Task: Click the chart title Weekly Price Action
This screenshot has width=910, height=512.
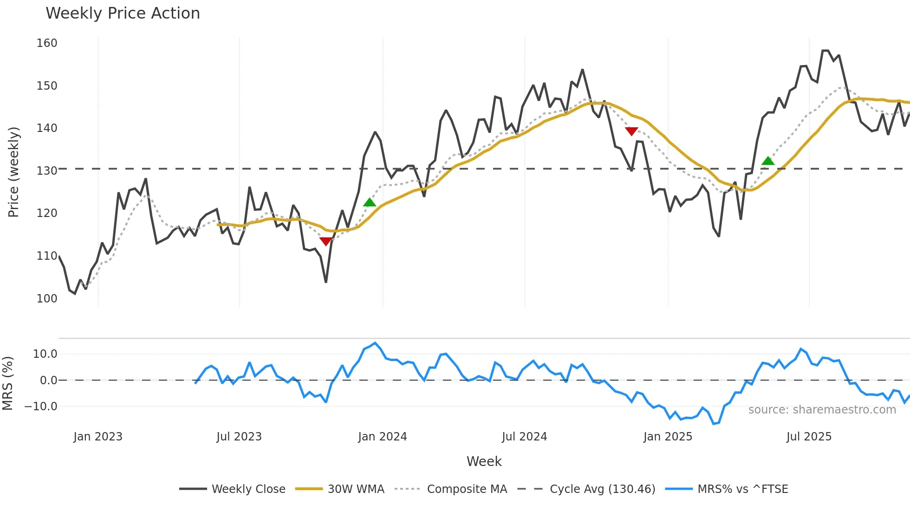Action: click(x=123, y=13)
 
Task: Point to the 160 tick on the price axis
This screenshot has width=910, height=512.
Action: click(x=47, y=43)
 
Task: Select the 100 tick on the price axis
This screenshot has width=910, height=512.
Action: click(x=47, y=298)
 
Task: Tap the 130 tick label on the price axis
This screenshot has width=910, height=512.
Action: click(x=47, y=171)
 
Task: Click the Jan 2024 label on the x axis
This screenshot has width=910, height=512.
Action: click(x=382, y=437)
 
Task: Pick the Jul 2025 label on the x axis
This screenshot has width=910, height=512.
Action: click(x=809, y=437)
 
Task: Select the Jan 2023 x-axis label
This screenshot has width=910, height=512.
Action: click(x=98, y=437)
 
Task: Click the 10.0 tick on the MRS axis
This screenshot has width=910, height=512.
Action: click(x=45, y=354)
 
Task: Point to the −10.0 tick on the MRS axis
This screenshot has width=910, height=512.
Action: click(x=41, y=407)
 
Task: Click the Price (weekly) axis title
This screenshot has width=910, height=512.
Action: click(x=14, y=172)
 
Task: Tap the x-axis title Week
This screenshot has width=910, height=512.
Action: click(x=484, y=461)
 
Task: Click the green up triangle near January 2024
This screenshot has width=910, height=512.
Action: click(x=369, y=202)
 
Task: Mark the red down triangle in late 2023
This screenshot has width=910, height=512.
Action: click(x=326, y=241)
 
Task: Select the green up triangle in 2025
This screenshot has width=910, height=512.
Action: click(x=768, y=161)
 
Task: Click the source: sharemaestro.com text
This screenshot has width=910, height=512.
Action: click(x=822, y=410)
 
